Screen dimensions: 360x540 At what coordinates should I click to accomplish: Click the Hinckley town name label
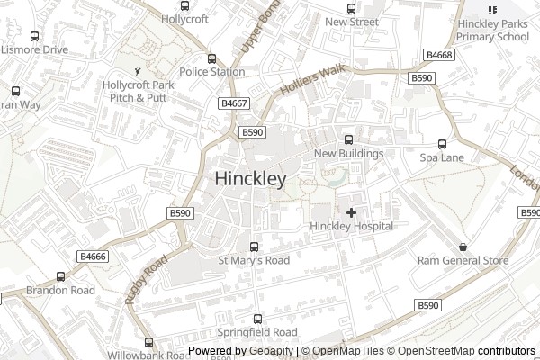coord(251,179)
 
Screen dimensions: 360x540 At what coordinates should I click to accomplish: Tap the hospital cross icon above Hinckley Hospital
coord(351,211)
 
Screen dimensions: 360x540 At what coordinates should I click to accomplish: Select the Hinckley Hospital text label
coord(351,226)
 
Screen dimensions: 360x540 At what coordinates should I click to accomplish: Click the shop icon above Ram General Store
coord(463,247)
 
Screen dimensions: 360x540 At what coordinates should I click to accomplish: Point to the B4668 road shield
coord(439,56)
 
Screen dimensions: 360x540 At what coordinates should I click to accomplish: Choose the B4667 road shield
coord(234,104)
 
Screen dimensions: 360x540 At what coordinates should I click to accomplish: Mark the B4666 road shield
coord(93,256)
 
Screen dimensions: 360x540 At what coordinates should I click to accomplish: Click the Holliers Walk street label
coord(312,80)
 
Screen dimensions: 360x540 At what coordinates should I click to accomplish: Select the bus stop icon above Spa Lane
coord(442,144)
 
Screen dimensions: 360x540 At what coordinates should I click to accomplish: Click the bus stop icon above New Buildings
coord(348,139)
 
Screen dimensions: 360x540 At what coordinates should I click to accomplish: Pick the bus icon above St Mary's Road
coord(254,247)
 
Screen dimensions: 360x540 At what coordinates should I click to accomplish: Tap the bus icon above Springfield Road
coord(258,319)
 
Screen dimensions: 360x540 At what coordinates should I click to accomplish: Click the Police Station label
coord(211,72)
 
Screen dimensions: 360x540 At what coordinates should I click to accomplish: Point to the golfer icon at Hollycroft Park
coord(138,70)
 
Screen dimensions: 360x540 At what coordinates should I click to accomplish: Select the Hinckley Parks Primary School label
coord(492,31)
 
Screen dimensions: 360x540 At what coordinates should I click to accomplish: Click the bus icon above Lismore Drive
coord(34,37)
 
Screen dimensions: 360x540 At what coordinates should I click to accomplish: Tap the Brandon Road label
coord(60,291)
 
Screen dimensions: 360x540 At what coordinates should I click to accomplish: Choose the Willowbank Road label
coord(148,354)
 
